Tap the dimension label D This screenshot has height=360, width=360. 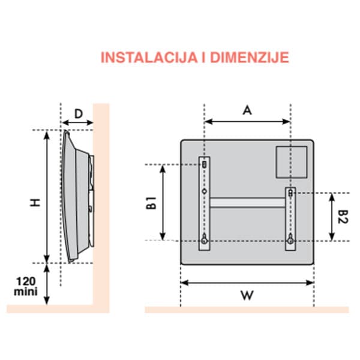click(78, 113)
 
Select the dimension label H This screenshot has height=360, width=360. click(36, 203)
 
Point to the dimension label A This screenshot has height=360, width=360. click(247, 110)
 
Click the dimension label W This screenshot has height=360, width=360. click(247, 295)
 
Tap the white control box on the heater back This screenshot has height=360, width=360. click(292, 162)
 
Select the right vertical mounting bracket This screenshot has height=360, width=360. click(290, 218)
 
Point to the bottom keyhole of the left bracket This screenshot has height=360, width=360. click(205, 238)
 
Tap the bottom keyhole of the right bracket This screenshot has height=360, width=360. click(290, 238)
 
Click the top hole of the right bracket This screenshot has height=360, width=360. click(290, 193)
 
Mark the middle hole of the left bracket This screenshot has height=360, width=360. click(205, 191)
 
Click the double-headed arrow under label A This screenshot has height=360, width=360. click(247, 122)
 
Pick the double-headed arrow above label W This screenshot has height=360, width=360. click(247, 282)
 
